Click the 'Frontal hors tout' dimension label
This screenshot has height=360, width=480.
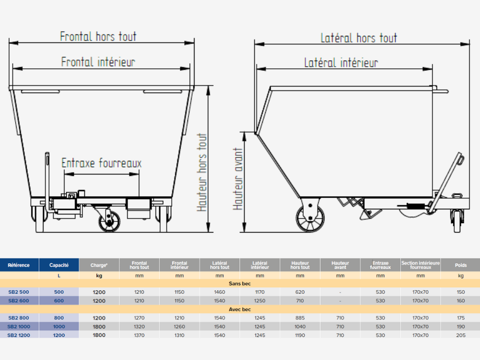[98, 36]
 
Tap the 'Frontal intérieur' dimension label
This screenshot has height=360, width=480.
[98, 62]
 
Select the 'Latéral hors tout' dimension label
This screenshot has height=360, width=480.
[359, 38]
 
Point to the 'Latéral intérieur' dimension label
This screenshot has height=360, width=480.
[341, 63]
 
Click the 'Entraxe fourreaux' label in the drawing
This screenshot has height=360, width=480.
[102, 163]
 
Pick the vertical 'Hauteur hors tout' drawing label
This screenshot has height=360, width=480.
[203, 172]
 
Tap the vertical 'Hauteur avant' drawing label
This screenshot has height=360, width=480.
[238, 179]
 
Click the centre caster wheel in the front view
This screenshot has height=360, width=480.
[110, 221]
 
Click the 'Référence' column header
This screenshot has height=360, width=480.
[19, 265]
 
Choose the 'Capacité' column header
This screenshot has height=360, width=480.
[59, 265]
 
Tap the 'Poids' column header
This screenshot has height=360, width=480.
[460, 265]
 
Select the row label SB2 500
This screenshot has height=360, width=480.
[19, 292]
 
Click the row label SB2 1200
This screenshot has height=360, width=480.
[19, 335]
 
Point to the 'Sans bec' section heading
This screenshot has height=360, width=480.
[240, 284]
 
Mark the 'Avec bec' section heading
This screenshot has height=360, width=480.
[240, 309]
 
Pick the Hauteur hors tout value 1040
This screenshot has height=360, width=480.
[300, 327]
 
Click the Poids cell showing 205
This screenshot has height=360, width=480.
[460, 335]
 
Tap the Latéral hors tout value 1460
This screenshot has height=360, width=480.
[220, 292]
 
